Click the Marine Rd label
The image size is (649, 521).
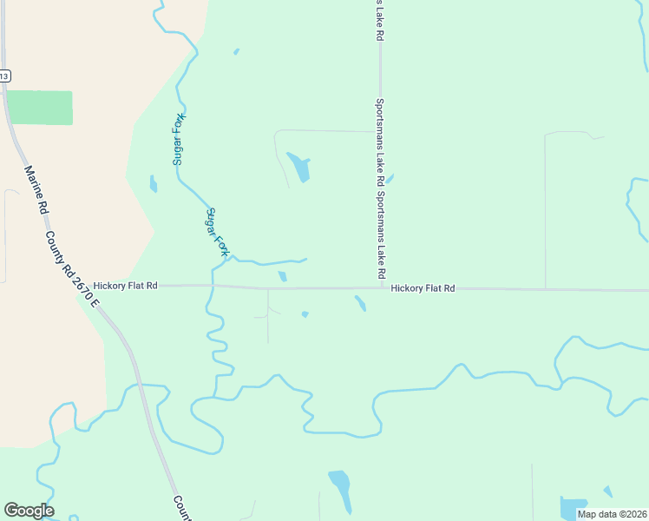click(35, 190)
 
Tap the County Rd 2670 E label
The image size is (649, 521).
click(74, 268)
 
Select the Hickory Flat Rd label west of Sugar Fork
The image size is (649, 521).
click(126, 285)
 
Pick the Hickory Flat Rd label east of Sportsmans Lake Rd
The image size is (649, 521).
click(423, 288)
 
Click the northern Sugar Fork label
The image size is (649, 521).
click(180, 139)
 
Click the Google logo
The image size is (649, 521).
click(29, 511)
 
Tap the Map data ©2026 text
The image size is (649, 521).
click(612, 514)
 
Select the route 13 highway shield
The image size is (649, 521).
click(4, 76)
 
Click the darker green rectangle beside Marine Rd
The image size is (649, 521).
click(40, 108)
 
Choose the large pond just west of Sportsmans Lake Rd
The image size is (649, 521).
click(299, 168)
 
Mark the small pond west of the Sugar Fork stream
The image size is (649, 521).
click(154, 183)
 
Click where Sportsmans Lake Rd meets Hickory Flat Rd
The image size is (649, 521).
click(381, 288)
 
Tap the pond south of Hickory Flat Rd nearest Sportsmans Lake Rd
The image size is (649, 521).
click(360, 303)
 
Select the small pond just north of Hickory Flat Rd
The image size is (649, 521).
click(283, 277)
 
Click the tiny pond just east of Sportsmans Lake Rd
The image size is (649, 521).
click(390, 180)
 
